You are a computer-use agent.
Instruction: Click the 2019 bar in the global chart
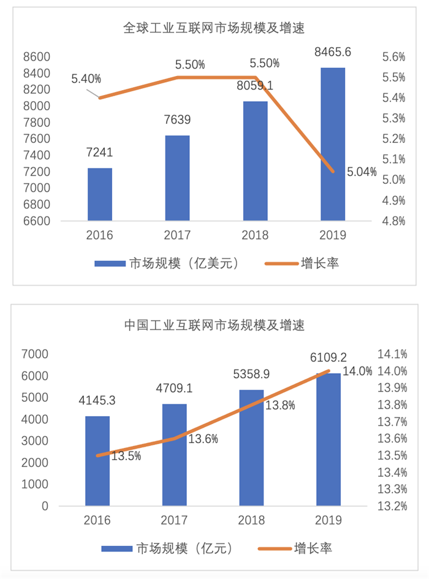(x=332, y=144)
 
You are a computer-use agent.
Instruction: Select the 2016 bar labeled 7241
(x=100, y=194)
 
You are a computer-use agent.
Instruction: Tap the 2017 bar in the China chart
(x=175, y=455)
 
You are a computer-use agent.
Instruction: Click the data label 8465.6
(x=332, y=53)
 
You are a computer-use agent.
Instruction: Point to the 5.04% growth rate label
(x=361, y=172)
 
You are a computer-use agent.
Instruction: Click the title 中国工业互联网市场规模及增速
(x=214, y=324)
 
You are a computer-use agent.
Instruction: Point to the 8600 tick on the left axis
(x=36, y=57)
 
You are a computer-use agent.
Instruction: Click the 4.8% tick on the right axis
(x=393, y=221)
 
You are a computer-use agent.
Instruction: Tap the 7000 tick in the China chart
(x=35, y=354)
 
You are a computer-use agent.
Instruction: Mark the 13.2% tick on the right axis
(x=393, y=506)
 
